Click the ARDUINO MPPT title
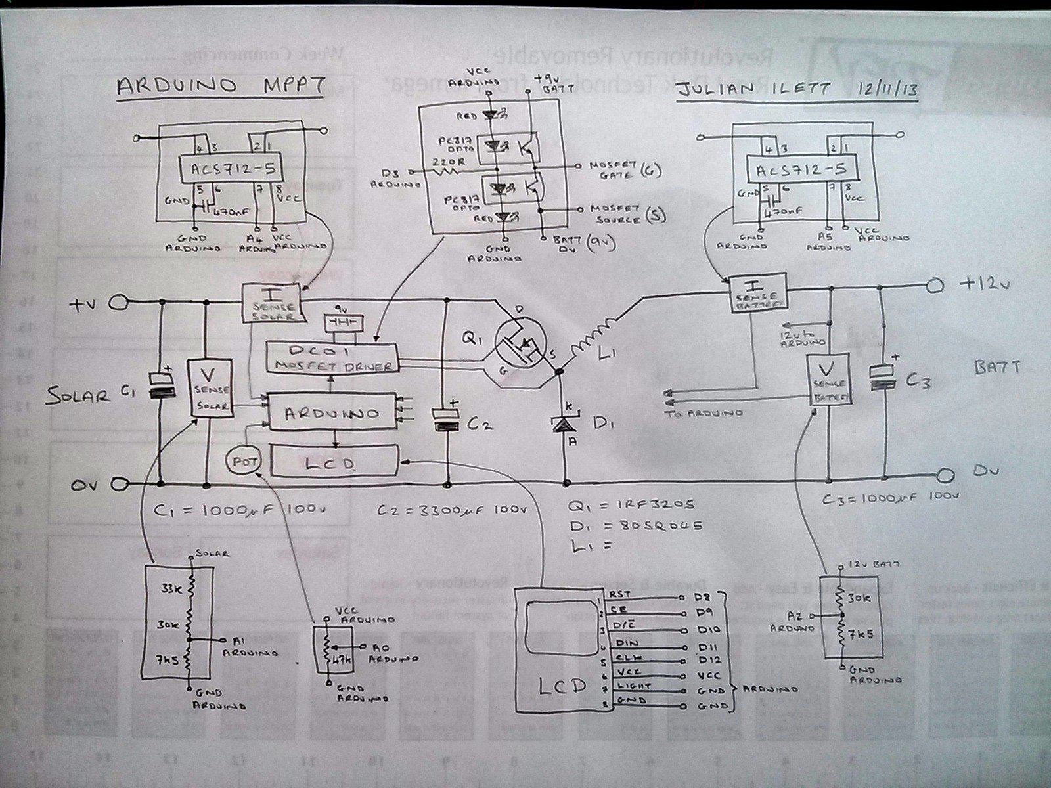tap(219, 87)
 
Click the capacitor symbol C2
tap(449, 420)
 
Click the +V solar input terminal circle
tap(119, 303)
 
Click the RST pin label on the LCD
tap(619, 593)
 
